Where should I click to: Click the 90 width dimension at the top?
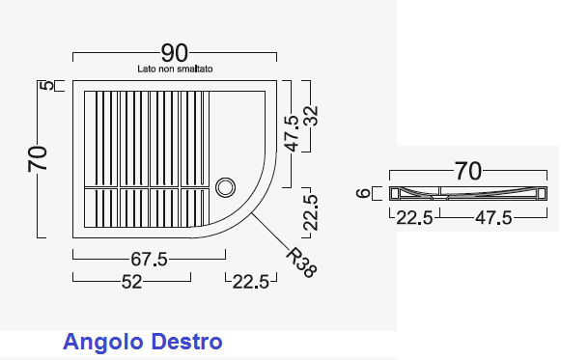click(174, 53)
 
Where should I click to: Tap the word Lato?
click(147, 69)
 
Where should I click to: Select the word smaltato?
click(195, 69)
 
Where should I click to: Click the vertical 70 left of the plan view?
click(38, 158)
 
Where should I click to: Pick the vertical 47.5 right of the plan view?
click(293, 134)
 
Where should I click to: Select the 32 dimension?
click(311, 116)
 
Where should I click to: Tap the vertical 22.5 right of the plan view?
click(310, 212)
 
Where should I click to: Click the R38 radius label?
click(301, 263)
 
